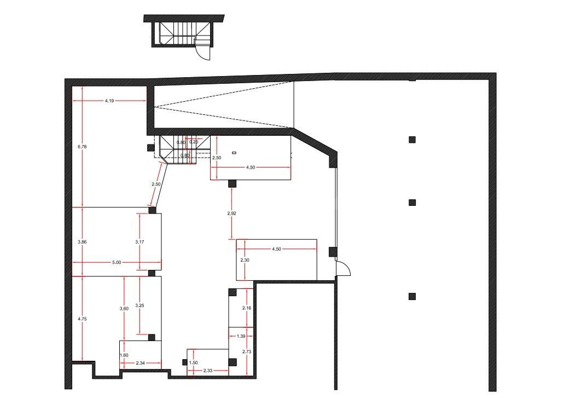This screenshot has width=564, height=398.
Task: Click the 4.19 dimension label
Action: point(109,101)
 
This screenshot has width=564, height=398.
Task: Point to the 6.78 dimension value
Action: point(82,147)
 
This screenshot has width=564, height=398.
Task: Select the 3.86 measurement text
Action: point(82,242)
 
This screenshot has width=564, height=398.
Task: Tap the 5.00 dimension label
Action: point(117,262)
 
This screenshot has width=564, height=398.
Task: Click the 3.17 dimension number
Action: point(139,242)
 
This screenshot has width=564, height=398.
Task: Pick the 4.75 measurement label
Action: point(82,319)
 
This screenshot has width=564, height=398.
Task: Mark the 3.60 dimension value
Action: point(124,308)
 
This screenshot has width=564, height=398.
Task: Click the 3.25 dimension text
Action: point(139,305)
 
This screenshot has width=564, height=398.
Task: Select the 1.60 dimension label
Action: point(124,355)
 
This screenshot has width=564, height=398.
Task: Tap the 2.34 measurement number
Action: point(140,363)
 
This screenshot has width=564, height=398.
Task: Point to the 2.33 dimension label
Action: point(208,371)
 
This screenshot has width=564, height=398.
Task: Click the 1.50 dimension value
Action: point(194,363)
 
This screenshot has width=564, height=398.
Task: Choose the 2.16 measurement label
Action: point(247,308)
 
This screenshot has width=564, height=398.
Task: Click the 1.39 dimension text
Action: point(241,336)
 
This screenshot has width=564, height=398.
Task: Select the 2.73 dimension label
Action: point(247,351)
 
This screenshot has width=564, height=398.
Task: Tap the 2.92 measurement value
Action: point(231,214)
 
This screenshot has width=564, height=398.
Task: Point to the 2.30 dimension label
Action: point(245,260)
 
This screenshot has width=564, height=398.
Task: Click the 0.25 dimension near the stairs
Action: point(194,142)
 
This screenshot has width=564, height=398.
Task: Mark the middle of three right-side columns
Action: point(412,202)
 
